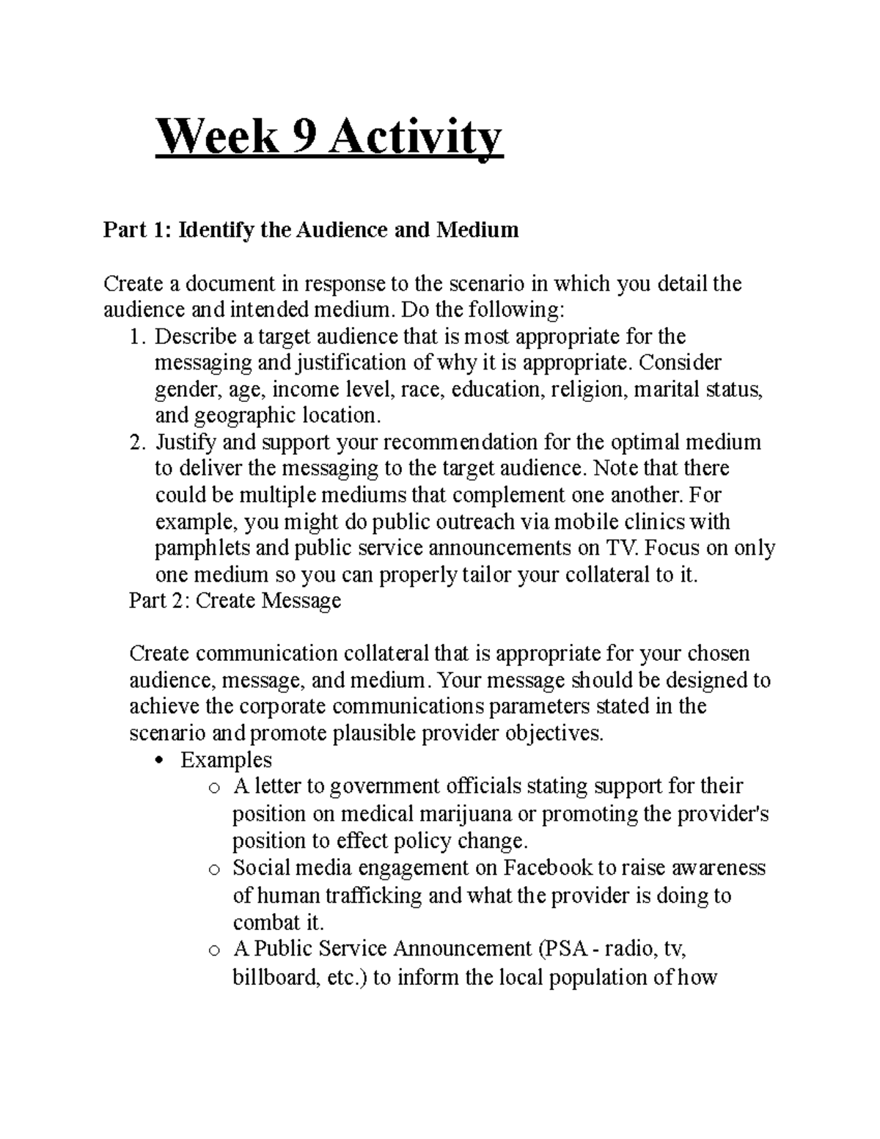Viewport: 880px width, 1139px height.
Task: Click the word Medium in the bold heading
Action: coord(478,230)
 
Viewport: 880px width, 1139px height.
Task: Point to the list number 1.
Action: coord(133,337)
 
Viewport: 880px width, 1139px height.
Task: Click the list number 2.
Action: coord(133,442)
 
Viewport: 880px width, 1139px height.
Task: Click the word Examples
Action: coord(226,760)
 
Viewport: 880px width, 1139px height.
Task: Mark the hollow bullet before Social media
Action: coord(213,870)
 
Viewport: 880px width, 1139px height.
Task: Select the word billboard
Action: coord(274,978)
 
